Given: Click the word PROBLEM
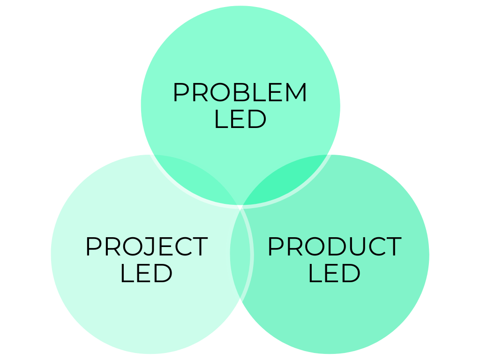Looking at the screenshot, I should click(240, 92).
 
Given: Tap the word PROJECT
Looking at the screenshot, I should click(146, 247).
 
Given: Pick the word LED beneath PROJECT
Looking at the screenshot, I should click(146, 273).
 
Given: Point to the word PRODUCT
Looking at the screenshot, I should click(334, 247).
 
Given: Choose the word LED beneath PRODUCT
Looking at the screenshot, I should click(334, 273).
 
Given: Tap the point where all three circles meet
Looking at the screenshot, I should click(240, 206).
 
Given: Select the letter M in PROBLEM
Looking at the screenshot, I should click(296, 92).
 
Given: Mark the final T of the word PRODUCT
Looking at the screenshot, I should click(392, 247).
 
